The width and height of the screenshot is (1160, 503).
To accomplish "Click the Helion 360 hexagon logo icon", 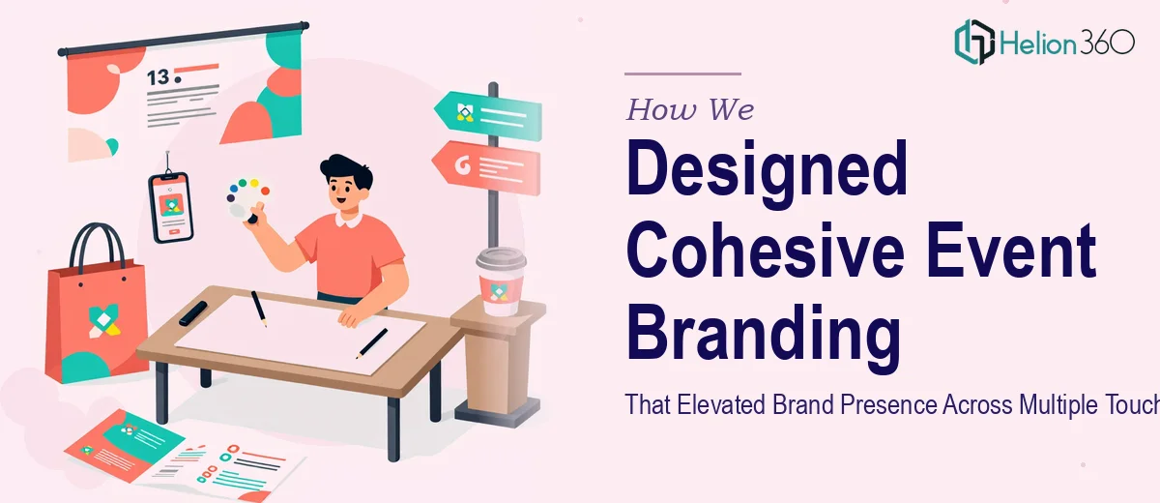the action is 974,42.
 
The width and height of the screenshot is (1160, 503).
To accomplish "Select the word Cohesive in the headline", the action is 766,251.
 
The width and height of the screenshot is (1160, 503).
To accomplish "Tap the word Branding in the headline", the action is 764,337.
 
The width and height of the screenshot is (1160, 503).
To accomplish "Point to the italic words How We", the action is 690,109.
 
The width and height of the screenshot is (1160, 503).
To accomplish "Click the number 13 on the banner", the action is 158,77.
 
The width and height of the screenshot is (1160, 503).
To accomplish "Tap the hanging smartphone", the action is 171,207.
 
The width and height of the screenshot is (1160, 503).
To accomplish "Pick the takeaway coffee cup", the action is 501,281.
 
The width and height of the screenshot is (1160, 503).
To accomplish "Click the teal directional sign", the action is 488,115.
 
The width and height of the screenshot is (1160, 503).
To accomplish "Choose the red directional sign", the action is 487,167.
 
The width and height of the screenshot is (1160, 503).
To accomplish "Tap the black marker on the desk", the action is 193,313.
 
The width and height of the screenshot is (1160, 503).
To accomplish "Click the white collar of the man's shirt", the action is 348,221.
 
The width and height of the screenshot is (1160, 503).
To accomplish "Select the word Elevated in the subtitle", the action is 721,404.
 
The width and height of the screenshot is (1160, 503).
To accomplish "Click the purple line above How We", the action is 683,74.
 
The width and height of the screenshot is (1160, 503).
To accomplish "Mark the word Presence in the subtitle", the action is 888,404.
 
